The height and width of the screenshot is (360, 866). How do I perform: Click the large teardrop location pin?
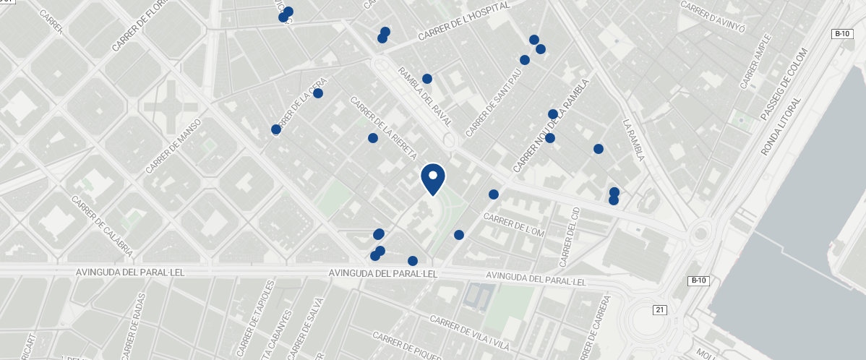click(x=432, y=178)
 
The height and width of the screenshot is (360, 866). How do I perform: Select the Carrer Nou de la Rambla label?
click(x=551, y=125)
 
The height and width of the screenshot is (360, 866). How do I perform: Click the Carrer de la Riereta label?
click(x=383, y=128)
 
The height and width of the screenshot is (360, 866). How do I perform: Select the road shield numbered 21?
click(x=659, y=310)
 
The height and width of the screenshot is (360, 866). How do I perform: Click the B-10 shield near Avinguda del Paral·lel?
click(x=698, y=280)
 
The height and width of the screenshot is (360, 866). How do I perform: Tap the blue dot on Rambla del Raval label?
click(x=427, y=79)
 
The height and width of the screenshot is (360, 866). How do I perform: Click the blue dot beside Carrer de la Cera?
click(x=318, y=93)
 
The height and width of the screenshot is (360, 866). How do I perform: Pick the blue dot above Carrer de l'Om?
click(x=494, y=194)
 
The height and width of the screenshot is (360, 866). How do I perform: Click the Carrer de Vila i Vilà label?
click(x=469, y=332)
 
